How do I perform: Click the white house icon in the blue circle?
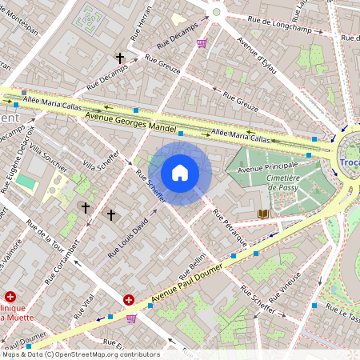180,173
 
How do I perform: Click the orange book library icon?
264,214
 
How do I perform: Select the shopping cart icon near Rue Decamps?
203,43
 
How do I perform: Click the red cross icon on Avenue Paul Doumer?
129,300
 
